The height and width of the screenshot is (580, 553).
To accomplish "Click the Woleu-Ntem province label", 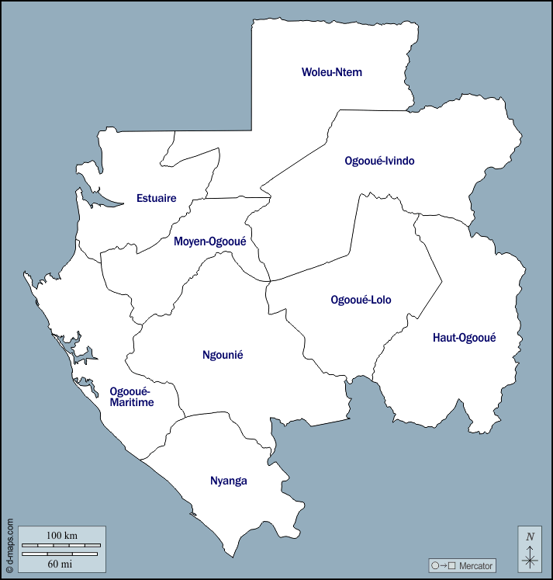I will point(332,72).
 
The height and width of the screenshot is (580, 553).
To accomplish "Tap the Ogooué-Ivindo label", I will point(379,161).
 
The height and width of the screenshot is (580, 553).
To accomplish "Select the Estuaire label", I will point(156,198).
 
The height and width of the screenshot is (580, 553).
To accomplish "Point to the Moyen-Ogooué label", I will point(209,241).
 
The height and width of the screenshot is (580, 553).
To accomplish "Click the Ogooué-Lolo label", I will point(361,300).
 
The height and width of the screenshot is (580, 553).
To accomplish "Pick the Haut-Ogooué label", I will point(464,337).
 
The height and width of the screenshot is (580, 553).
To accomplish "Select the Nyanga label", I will point(229,481).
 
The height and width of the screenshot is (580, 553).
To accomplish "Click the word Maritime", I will point(132,403).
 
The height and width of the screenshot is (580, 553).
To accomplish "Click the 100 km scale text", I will point(62,536).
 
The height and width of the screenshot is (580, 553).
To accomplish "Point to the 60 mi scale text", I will point(62,562).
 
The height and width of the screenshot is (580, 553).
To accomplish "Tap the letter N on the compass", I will point(530,537).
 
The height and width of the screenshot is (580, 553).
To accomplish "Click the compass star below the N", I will point(530,557).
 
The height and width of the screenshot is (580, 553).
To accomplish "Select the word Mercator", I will point(475,566).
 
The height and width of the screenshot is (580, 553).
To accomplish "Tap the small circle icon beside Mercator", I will point(435,566).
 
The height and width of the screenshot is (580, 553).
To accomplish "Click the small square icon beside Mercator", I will point(451,566).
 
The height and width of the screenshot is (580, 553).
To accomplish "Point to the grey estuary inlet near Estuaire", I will point(105,201).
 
